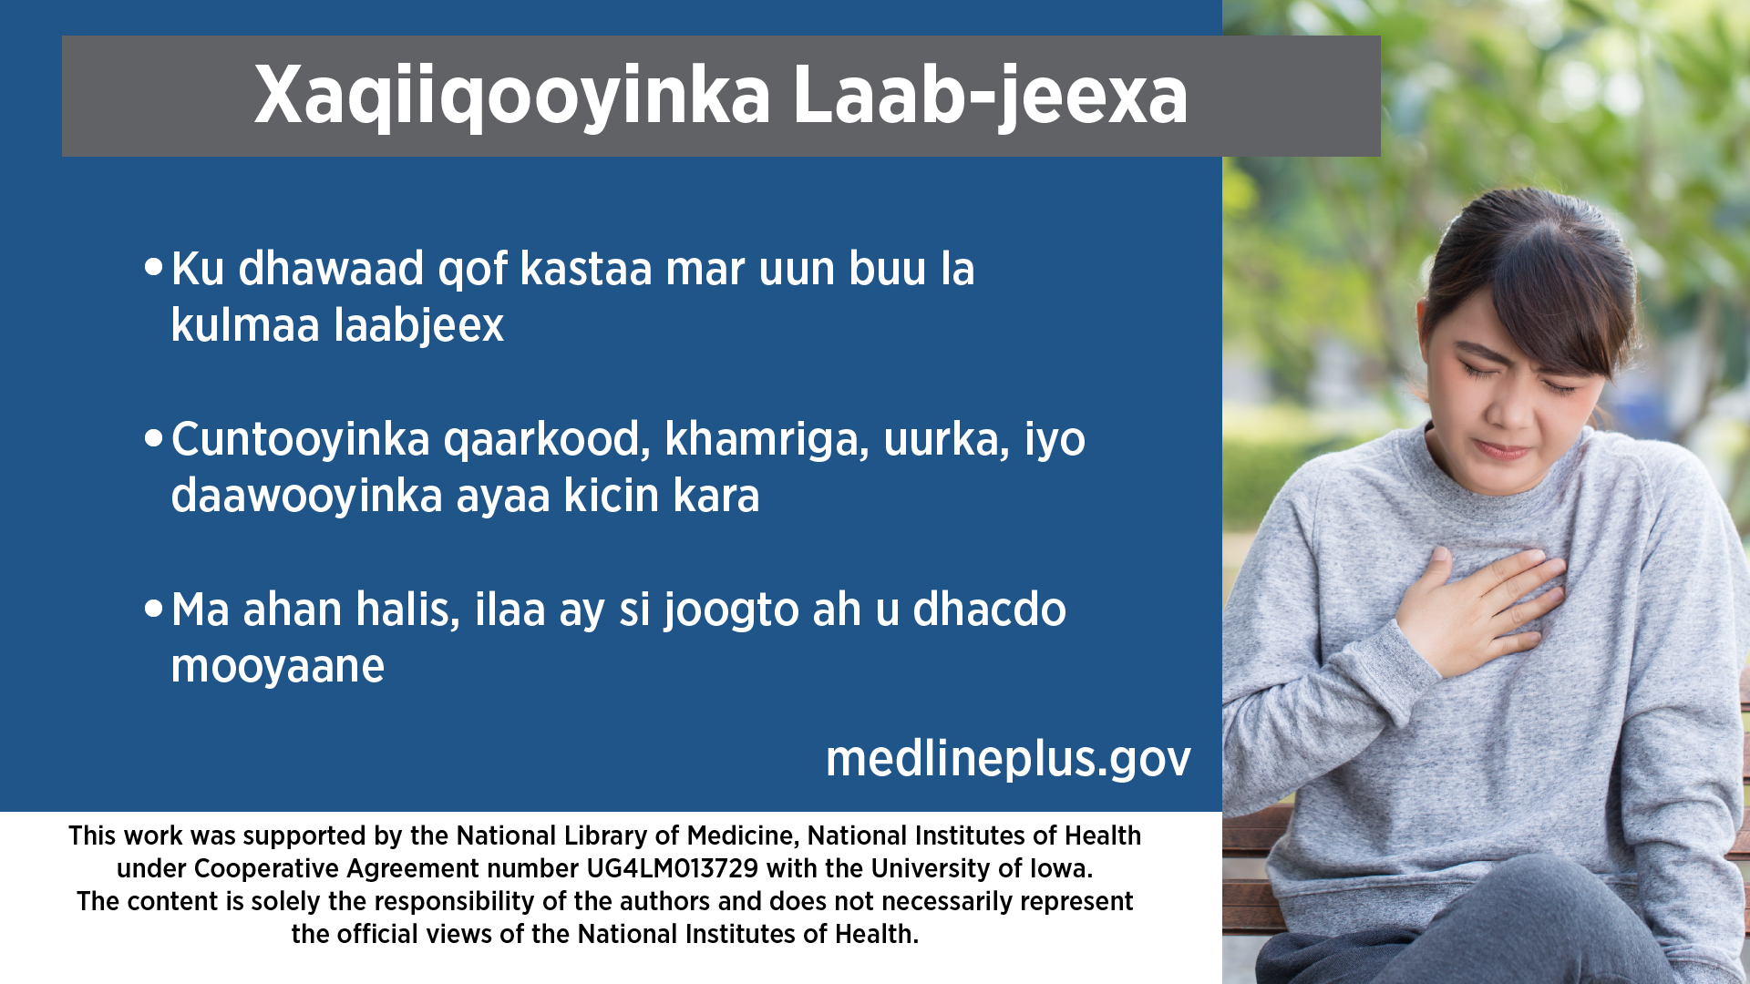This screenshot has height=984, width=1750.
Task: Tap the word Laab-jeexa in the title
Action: coord(991,96)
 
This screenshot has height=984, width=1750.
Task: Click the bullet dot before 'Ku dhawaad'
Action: coord(153,267)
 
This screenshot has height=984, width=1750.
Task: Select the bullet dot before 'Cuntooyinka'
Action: coord(153,438)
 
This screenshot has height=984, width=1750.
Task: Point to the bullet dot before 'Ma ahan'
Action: coord(153,608)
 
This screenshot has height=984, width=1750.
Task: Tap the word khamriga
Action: coord(767,440)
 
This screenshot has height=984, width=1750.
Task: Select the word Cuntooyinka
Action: coord(301,440)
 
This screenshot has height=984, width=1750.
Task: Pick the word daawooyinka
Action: coord(306,497)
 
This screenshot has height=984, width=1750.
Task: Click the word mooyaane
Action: coord(278,667)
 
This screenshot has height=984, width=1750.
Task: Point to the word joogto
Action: coord(731,610)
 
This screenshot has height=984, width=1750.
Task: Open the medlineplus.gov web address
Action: coord(1008,758)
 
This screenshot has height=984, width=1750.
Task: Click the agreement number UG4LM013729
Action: coord(672,868)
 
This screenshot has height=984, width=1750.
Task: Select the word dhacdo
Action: coord(990,610)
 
